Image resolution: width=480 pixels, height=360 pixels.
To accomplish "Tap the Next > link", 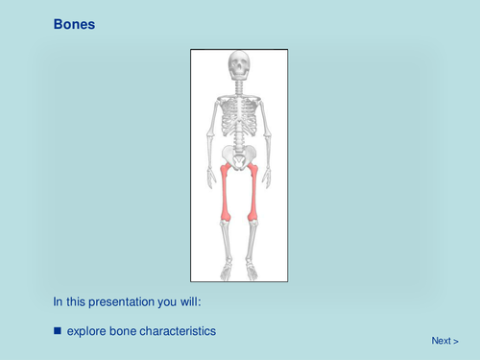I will [444, 340].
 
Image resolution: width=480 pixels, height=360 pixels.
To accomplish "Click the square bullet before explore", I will [57, 331].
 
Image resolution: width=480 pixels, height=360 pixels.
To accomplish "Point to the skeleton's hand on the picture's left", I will [211, 178].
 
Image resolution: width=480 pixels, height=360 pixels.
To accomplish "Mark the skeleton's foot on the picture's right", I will [252, 272].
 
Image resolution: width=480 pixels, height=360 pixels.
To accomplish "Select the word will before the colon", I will [193, 301].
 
